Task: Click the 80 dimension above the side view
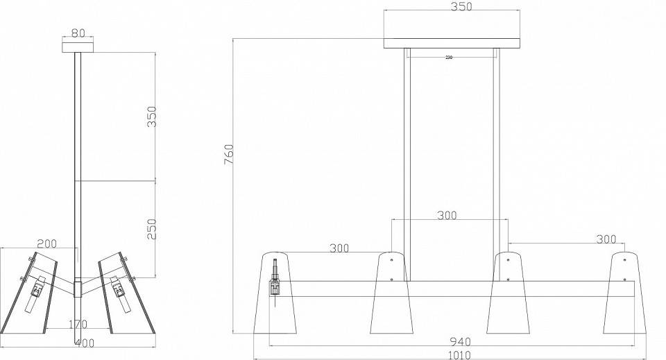coord(78,32)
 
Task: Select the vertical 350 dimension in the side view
coord(151,117)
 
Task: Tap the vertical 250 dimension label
coord(151,228)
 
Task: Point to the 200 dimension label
coord(46,243)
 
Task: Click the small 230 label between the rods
coord(449,58)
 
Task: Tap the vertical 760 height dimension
coord(230,154)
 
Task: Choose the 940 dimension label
coord(459,341)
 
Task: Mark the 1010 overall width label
coord(459,354)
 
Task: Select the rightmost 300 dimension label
coord(606,239)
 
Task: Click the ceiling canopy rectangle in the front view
coord(452,43)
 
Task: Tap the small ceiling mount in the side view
coord(78,46)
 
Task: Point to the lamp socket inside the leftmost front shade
coord(275,282)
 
